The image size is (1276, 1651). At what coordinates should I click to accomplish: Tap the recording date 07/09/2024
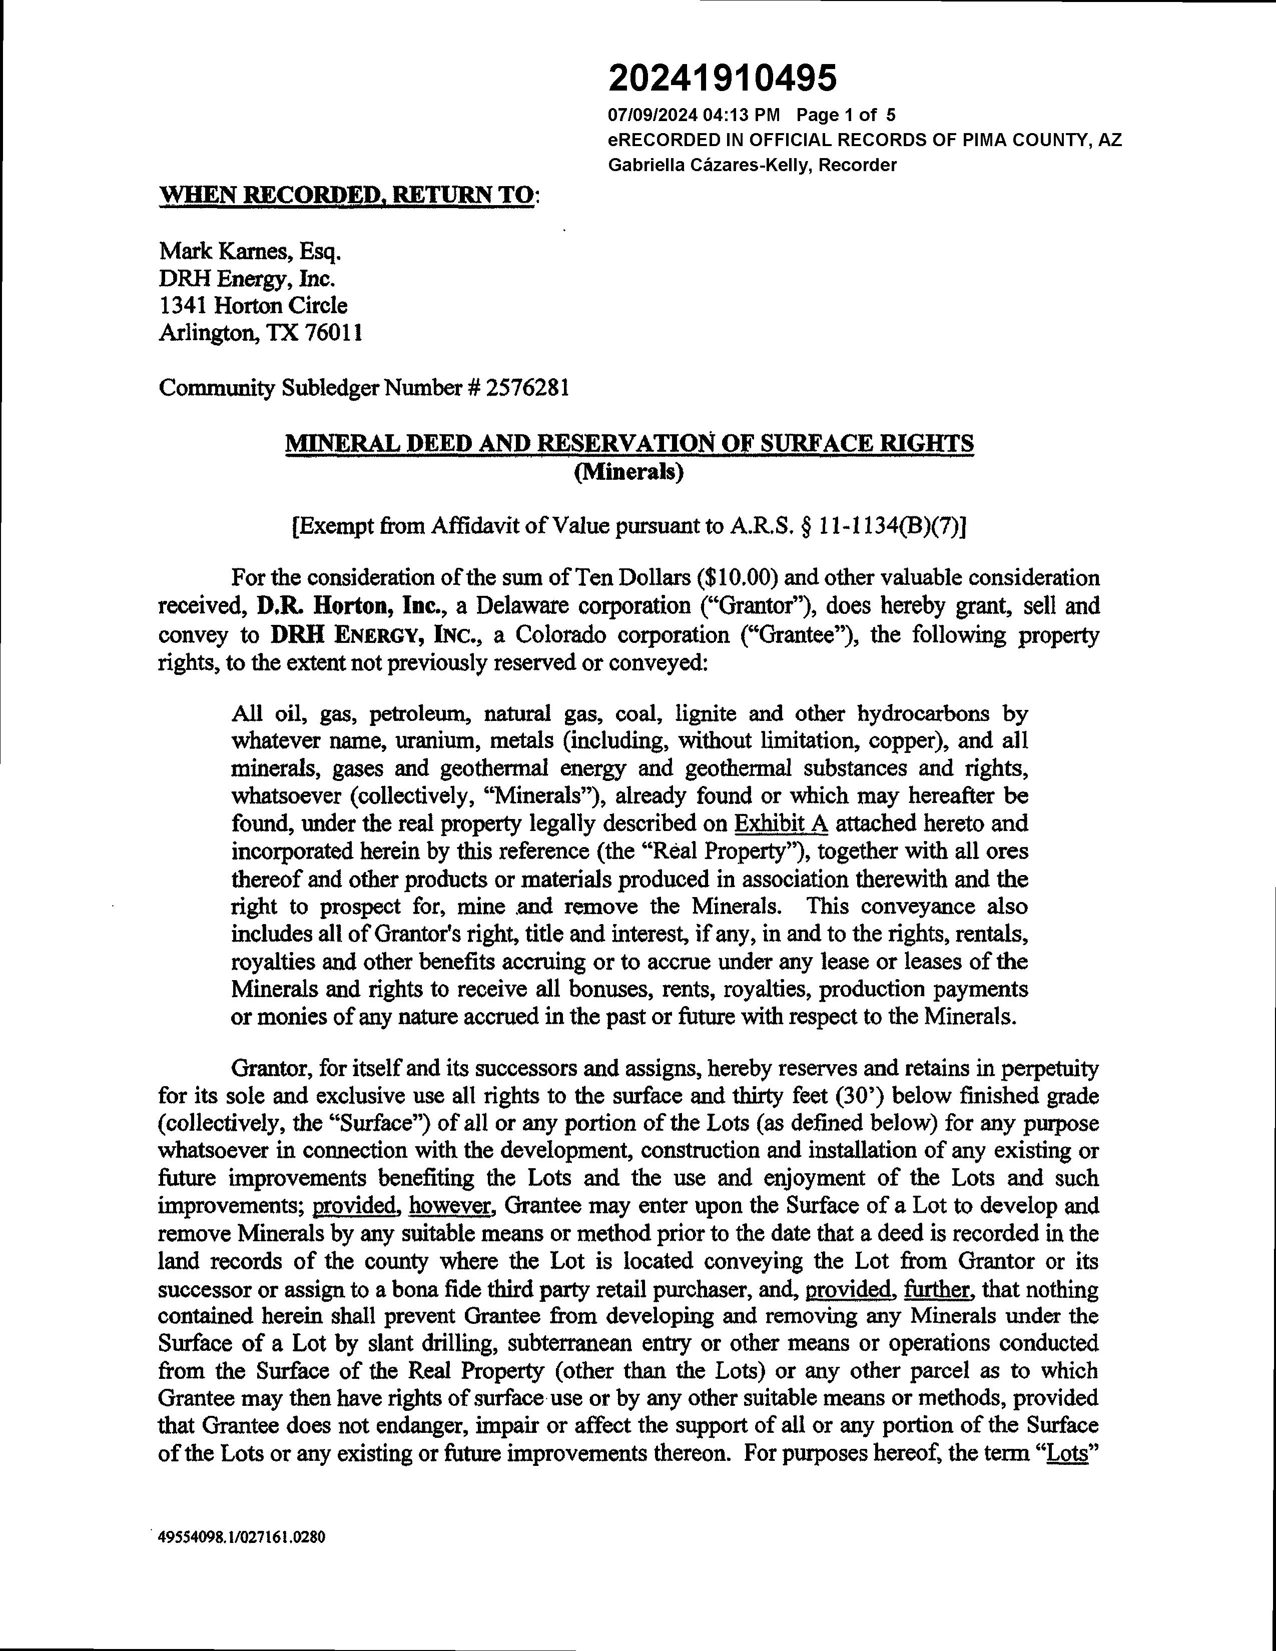pos(652,115)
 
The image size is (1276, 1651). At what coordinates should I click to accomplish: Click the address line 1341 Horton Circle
pos(253,305)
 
